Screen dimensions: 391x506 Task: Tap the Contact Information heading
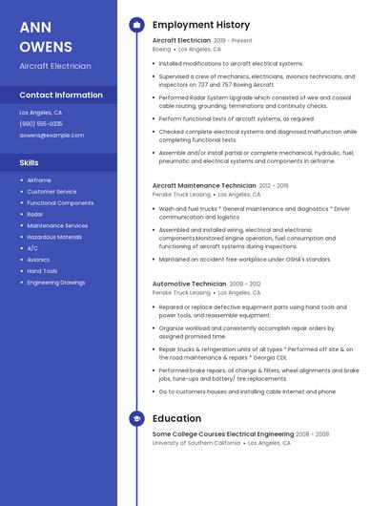click(x=61, y=95)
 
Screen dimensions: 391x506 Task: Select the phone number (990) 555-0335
click(x=41, y=124)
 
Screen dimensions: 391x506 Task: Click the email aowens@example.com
click(x=51, y=136)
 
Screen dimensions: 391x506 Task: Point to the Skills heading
click(x=29, y=162)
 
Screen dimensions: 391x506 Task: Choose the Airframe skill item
click(x=39, y=180)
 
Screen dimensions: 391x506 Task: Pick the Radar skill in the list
click(x=35, y=215)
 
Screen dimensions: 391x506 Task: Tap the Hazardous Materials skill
click(x=54, y=237)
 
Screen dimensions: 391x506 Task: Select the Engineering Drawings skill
click(x=55, y=283)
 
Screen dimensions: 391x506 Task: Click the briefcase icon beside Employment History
click(x=136, y=25)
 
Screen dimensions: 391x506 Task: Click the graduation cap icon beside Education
click(x=136, y=418)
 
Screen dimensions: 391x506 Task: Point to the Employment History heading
click(x=201, y=25)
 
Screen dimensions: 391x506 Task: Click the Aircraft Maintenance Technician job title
click(x=203, y=185)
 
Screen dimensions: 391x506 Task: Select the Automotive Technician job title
click(x=189, y=285)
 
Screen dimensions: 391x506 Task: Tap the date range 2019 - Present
click(x=234, y=41)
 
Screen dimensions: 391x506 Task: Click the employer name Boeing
click(x=162, y=49)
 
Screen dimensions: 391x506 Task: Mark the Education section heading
click(x=176, y=418)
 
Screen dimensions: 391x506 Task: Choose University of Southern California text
click(x=196, y=443)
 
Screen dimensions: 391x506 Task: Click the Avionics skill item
click(x=38, y=260)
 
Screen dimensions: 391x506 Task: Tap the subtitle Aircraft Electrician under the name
click(x=55, y=66)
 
